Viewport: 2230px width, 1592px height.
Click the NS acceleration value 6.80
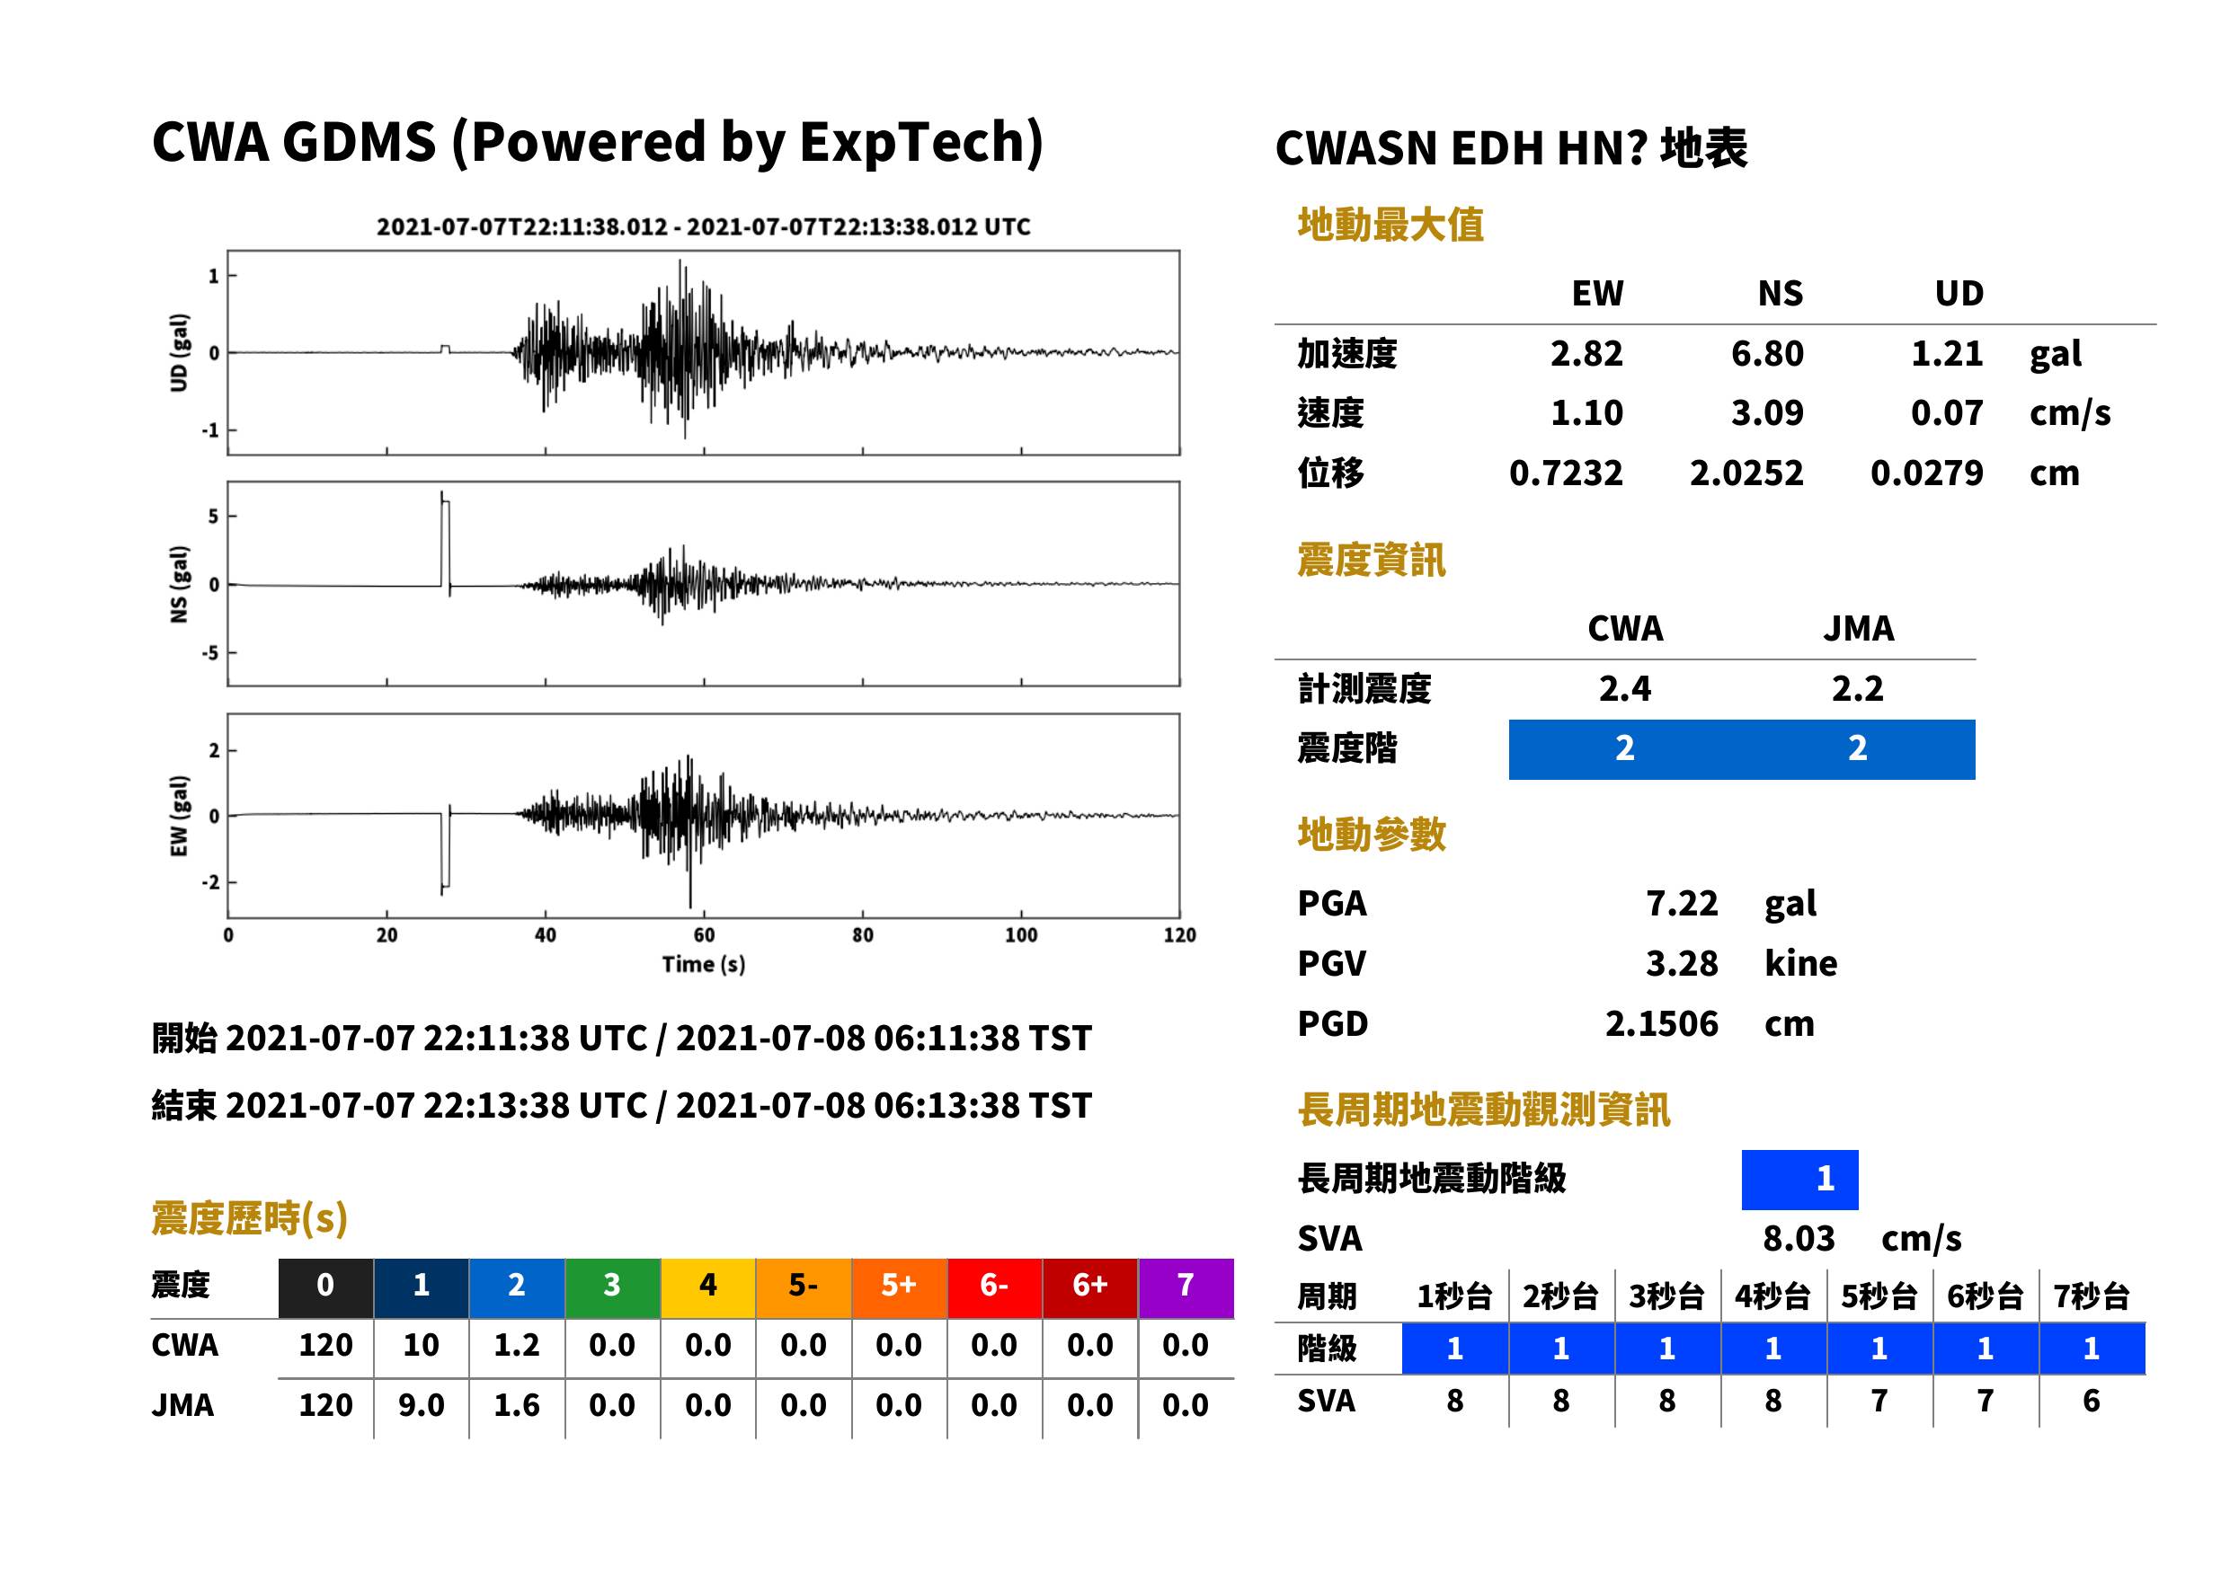tap(1766, 354)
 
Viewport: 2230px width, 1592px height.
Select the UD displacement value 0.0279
tap(1926, 473)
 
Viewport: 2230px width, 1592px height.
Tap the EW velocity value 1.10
tap(1586, 413)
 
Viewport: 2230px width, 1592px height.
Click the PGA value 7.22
tap(1681, 904)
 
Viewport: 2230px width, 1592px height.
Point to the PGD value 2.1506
tap(1661, 1024)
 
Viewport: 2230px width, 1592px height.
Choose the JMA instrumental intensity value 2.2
tap(1857, 689)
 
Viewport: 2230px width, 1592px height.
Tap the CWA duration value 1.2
tap(517, 1346)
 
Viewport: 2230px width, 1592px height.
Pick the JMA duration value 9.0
tap(421, 1406)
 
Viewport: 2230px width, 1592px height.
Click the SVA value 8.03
tap(1799, 1239)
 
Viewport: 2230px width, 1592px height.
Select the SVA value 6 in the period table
tap(2091, 1402)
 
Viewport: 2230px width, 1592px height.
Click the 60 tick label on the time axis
tap(703, 935)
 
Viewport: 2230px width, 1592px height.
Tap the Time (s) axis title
tap(703, 965)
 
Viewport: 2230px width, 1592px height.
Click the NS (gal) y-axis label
tap(179, 584)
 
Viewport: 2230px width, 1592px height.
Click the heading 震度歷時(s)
tap(249, 1218)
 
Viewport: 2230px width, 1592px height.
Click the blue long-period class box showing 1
tap(1799, 1180)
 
